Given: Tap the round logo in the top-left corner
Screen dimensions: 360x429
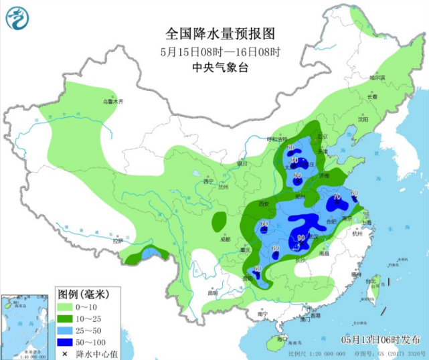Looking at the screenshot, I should tap(18, 18).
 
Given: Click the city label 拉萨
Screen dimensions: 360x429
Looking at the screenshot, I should tap(118, 241).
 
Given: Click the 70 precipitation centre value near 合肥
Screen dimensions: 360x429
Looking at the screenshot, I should tap(337, 197).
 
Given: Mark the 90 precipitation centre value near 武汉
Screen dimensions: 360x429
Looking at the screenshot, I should tap(301, 238).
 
